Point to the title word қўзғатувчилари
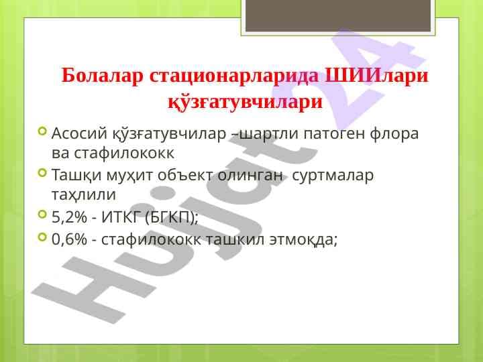[x=244, y=104]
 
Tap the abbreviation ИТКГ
[x=123, y=217]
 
